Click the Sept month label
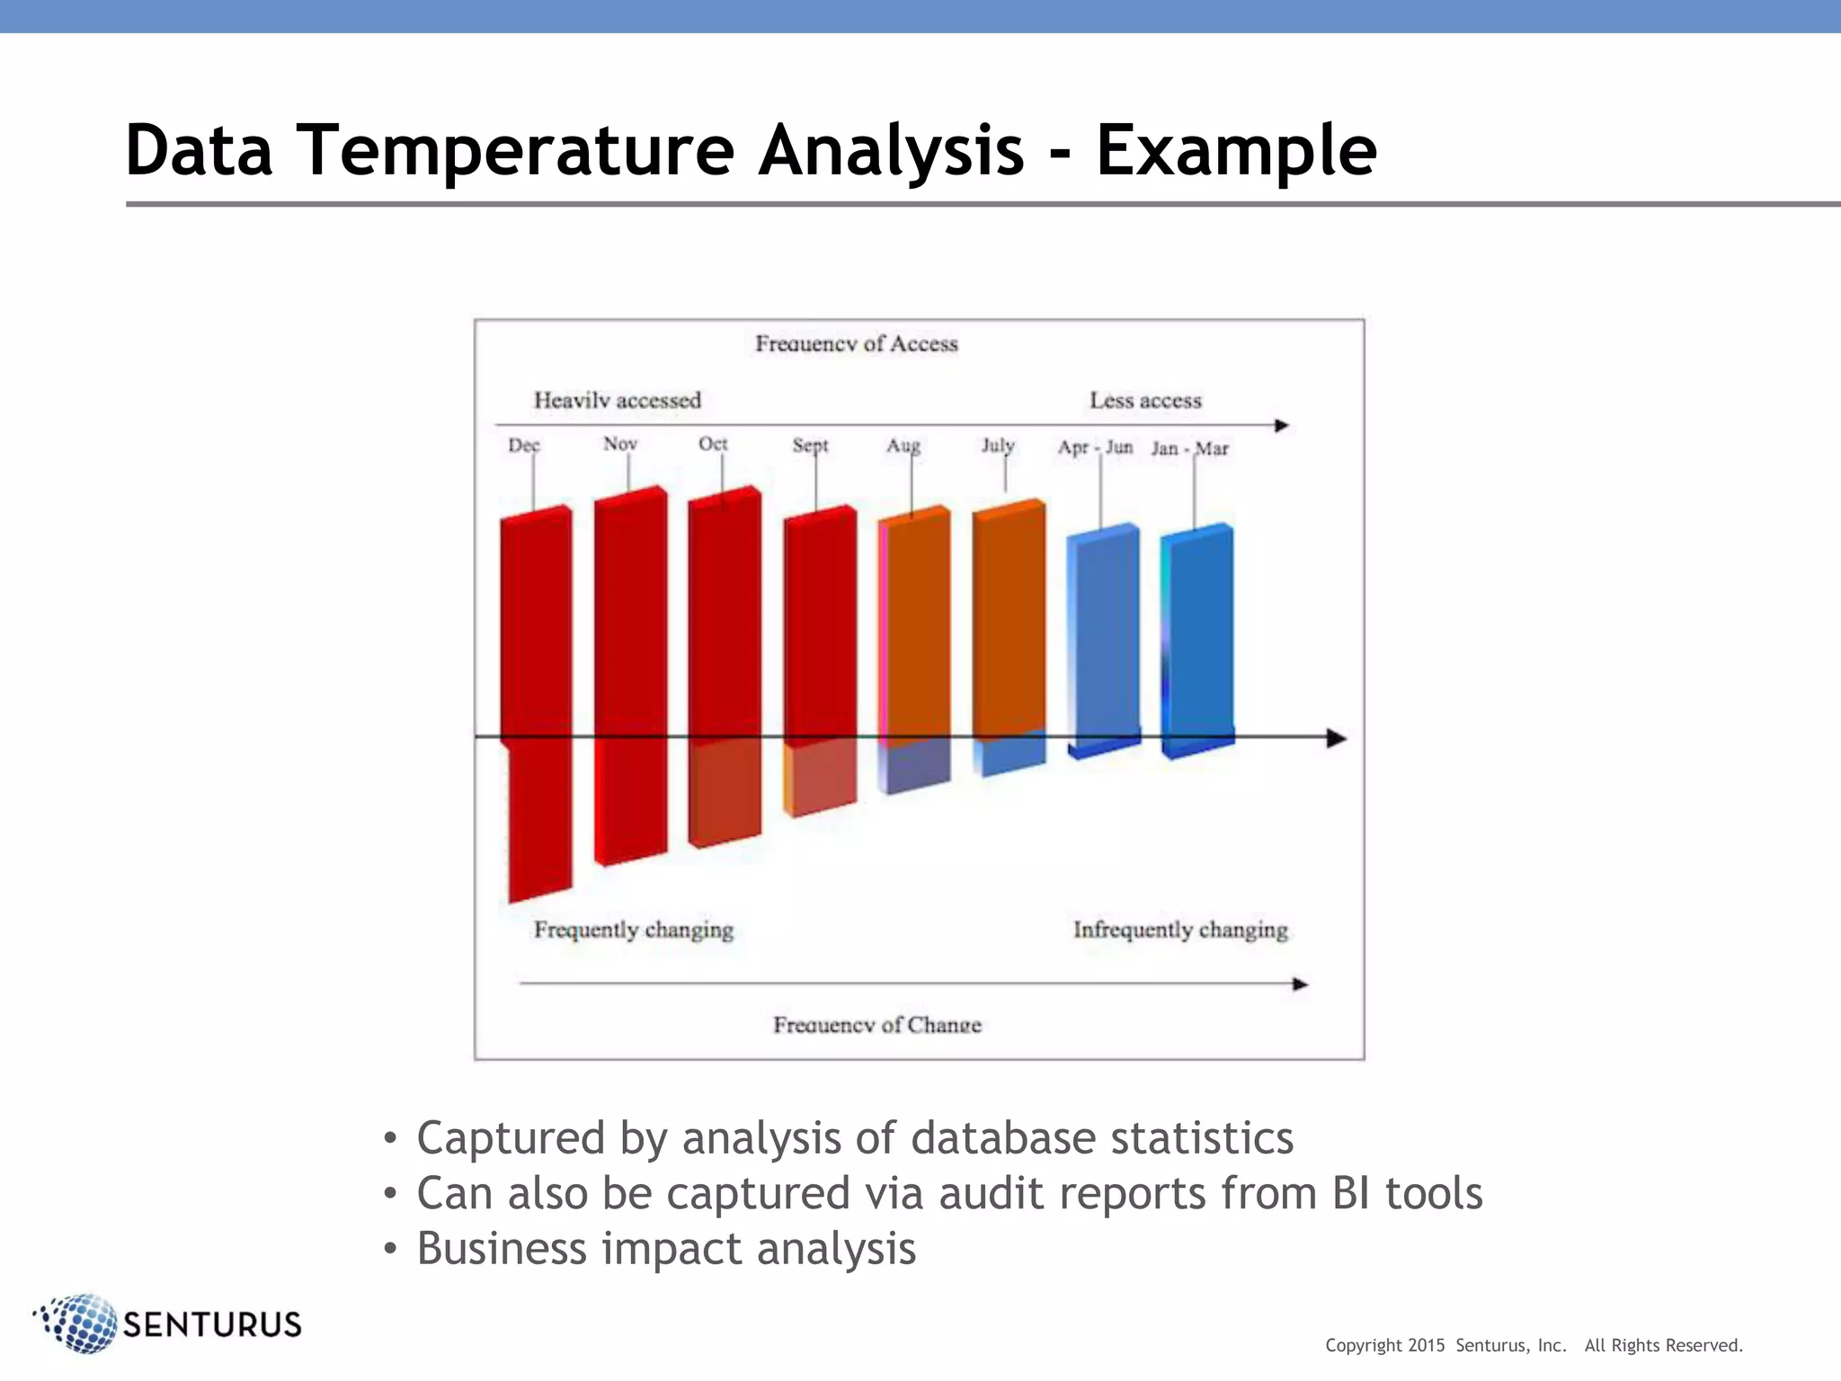pyautogui.click(x=810, y=445)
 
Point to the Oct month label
pyautogui.click(x=713, y=444)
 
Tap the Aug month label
pyautogui.click(x=903, y=445)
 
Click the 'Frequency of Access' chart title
pyautogui.click(x=856, y=343)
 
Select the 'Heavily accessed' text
pyautogui.click(x=617, y=400)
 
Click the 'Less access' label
pyautogui.click(x=1145, y=400)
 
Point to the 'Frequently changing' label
pyautogui.click(x=633, y=930)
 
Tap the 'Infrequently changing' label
pyautogui.click(x=1179, y=930)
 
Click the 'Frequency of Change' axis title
pyautogui.click(x=876, y=1025)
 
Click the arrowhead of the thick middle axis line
pyautogui.click(x=1337, y=738)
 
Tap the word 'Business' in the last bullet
pyautogui.click(x=502, y=1249)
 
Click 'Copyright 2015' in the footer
pyautogui.click(x=1384, y=1345)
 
